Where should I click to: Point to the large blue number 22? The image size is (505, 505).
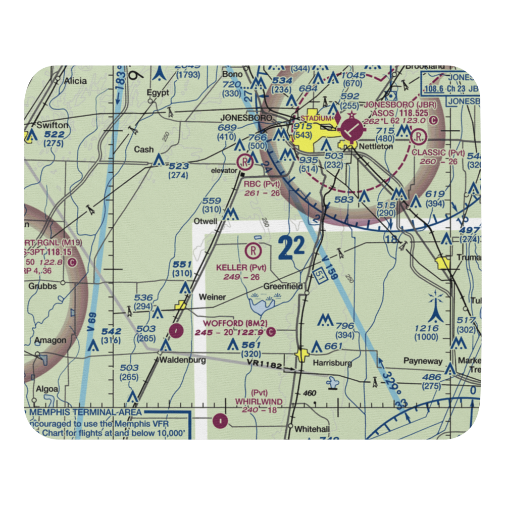(291, 247)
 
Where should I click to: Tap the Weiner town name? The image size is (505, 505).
(212, 297)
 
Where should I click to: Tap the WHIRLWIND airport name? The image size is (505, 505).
(259, 401)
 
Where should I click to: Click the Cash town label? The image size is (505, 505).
(144, 149)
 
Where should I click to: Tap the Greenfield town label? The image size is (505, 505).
(284, 286)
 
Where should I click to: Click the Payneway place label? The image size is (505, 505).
(423, 361)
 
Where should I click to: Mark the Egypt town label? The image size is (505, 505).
(157, 92)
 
